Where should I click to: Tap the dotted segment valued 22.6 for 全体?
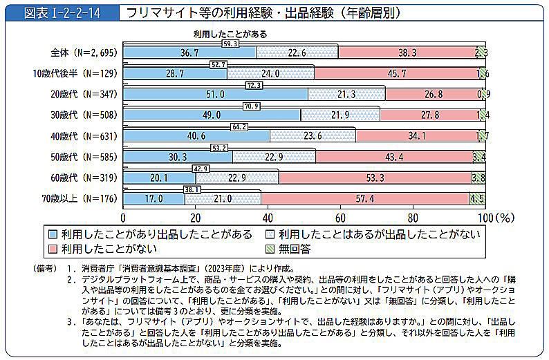click(297, 53)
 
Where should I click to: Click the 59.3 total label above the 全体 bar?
click(230, 44)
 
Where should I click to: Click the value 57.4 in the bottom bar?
click(365, 199)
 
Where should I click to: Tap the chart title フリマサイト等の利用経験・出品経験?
click(263, 13)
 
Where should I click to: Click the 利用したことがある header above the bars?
click(230, 33)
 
